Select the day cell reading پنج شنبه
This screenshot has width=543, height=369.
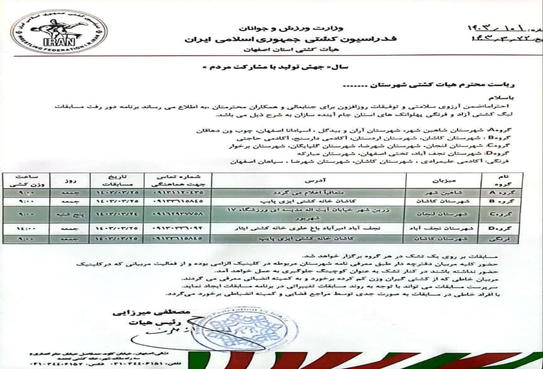click(70, 214)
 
